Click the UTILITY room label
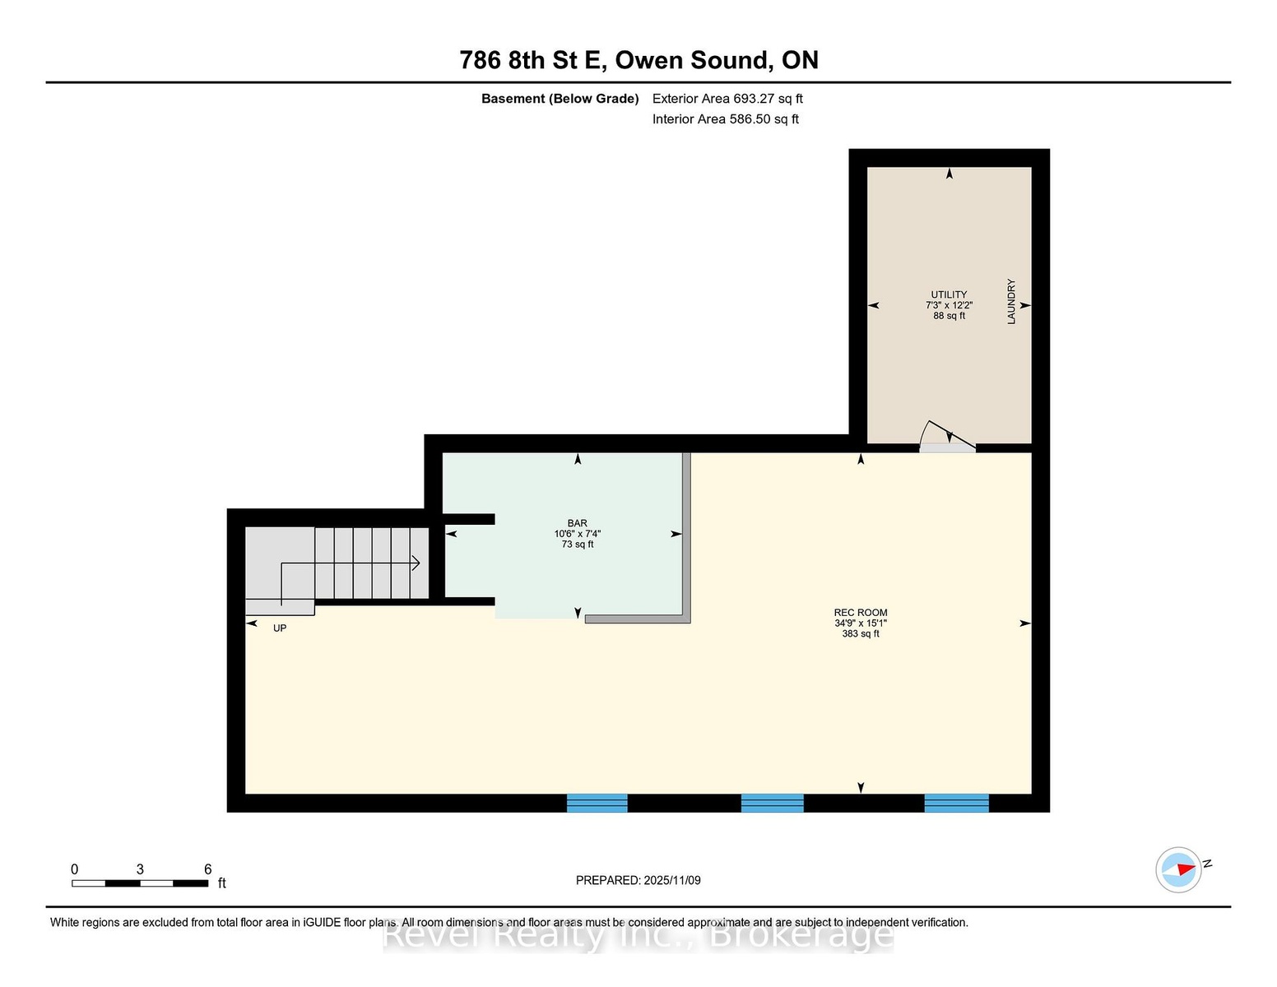[x=949, y=294]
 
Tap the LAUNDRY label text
[x=1011, y=301]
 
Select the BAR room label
[x=577, y=523]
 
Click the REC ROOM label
[x=861, y=613]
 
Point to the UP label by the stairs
[x=280, y=628]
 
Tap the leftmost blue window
[x=597, y=803]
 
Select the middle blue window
[x=772, y=803]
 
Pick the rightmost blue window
[x=957, y=803]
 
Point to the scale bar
[x=140, y=883]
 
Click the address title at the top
[x=638, y=60]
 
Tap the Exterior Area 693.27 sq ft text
[x=727, y=99]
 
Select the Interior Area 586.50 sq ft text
[x=726, y=119]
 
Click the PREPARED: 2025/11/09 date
[x=638, y=880]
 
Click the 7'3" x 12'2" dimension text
[x=949, y=305]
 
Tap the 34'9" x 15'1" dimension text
[x=861, y=623]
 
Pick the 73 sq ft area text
[x=577, y=544]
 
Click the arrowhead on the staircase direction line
[x=416, y=563]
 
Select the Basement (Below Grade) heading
[x=560, y=99]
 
